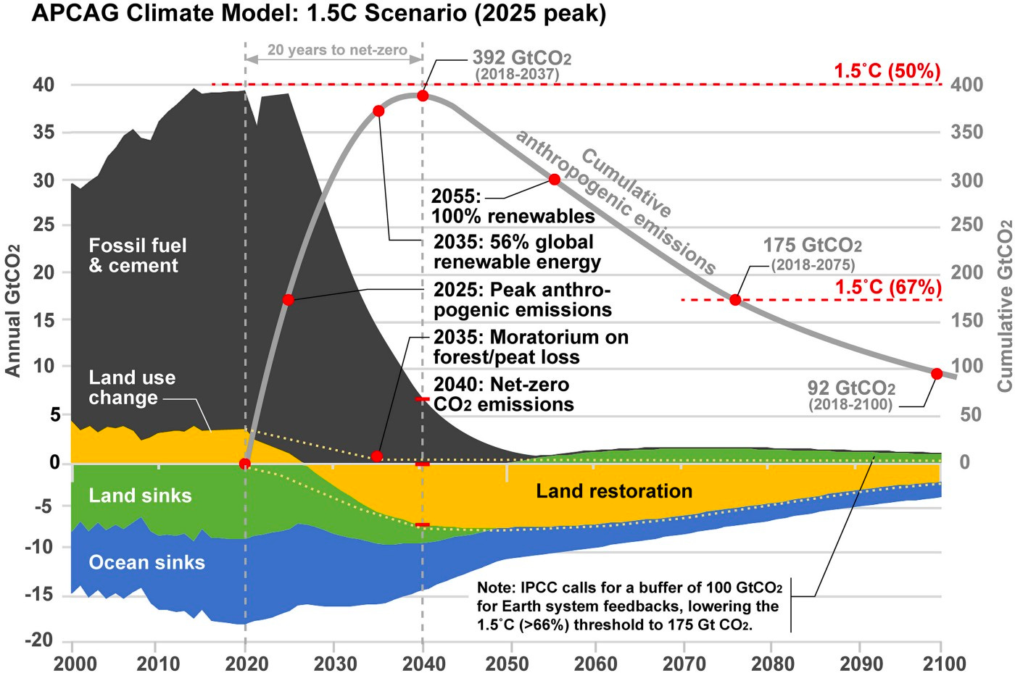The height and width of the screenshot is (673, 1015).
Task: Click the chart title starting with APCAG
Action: (x=318, y=14)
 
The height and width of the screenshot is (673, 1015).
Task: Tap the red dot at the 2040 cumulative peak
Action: (x=423, y=96)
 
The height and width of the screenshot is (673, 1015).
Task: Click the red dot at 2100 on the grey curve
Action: (x=936, y=374)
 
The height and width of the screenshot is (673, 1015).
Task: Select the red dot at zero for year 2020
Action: (x=245, y=464)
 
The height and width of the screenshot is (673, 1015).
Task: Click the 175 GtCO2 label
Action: (x=812, y=246)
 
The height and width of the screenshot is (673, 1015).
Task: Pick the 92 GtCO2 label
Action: (x=851, y=388)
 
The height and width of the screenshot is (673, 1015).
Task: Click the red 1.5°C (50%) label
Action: (x=887, y=71)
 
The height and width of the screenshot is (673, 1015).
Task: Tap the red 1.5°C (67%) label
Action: (x=887, y=287)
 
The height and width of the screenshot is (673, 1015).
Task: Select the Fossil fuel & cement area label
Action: (x=137, y=256)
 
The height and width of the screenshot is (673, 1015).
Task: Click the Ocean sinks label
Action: (x=146, y=562)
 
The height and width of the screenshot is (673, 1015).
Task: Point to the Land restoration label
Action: (x=614, y=491)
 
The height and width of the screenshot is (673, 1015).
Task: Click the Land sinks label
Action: (x=140, y=496)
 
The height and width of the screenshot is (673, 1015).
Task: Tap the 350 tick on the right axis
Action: (x=967, y=133)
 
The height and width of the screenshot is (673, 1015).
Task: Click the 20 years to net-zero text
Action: (x=336, y=50)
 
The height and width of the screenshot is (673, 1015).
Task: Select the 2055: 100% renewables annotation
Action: (x=513, y=206)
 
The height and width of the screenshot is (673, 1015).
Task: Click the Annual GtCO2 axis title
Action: (x=12, y=310)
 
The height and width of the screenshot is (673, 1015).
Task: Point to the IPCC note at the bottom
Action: (x=629, y=606)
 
